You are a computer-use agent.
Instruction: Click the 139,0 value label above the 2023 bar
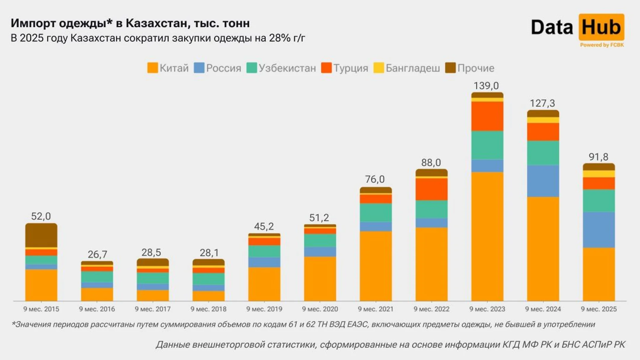pos(486,86)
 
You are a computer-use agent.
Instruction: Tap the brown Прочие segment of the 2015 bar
pos(41,235)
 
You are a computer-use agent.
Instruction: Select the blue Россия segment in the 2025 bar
pos(599,230)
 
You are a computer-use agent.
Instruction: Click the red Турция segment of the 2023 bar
pos(487,116)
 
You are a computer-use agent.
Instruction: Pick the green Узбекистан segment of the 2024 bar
pos(543,153)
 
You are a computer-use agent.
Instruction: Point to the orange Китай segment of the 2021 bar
pos(376,266)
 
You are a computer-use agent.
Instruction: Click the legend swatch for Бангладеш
pos(379,68)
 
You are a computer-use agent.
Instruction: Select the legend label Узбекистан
pos(287,68)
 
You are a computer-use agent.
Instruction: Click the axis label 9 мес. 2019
pos(264,309)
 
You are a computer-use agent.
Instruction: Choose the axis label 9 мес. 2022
pos(431,309)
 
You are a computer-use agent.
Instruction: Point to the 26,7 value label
pos(97,254)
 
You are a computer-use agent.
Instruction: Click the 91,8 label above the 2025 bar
pos(598,157)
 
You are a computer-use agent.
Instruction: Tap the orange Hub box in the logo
pos(601,27)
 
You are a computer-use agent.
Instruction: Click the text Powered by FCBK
pos(602,45)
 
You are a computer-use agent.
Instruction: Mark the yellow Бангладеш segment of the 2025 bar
pos(599,174)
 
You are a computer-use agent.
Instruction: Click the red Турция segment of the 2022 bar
pos(431,189)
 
